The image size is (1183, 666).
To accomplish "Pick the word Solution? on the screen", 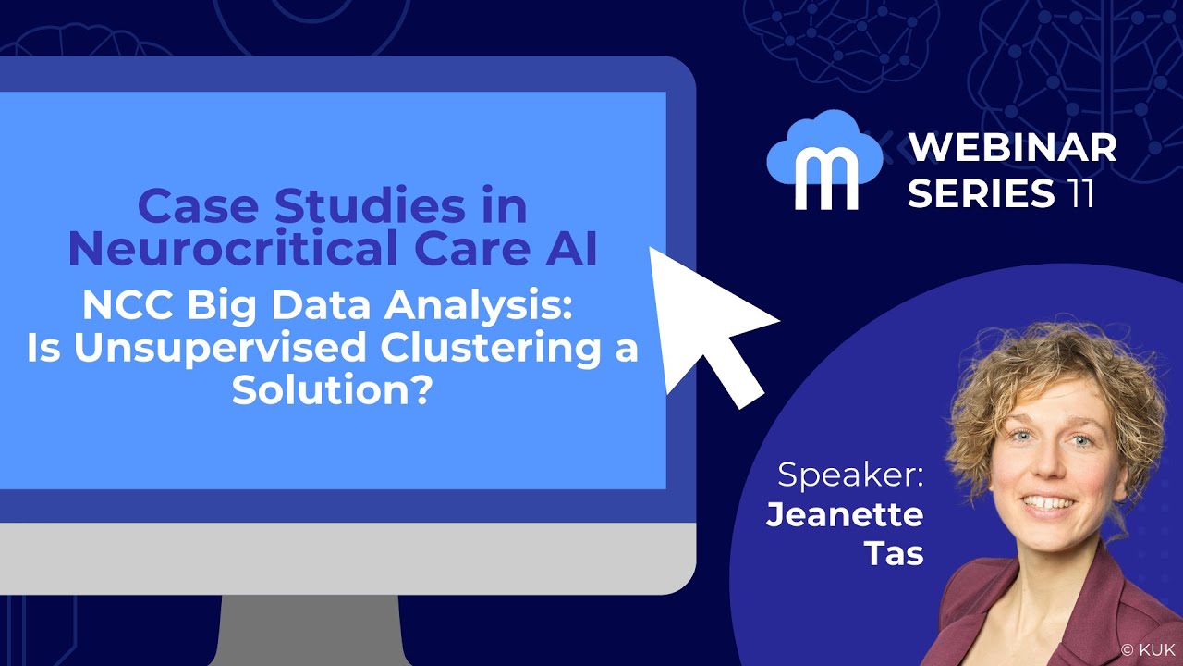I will tap(333, 391).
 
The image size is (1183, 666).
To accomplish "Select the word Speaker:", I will tap(850, 475).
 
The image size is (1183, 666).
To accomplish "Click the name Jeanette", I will tap(845, 514).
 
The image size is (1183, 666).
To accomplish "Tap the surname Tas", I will tap(894, 553).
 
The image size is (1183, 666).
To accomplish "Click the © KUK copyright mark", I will tap(1148, 649).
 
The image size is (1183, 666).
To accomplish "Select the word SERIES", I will tap(981, 193).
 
